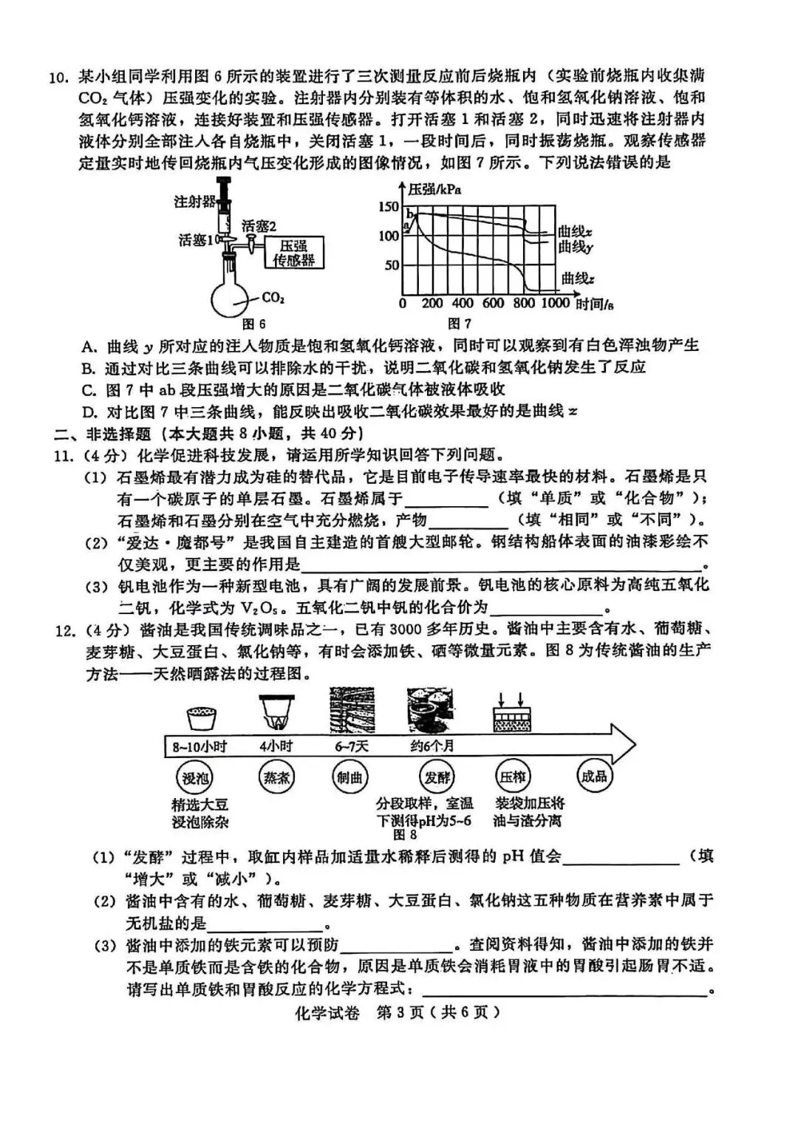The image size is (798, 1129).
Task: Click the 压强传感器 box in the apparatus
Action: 293,253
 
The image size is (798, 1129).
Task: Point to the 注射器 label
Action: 194,202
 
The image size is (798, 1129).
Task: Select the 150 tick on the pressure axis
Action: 389,207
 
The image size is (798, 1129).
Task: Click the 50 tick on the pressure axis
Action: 392,265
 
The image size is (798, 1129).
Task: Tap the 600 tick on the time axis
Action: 492,303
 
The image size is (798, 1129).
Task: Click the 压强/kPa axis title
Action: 435,189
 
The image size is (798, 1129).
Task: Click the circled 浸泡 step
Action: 196,777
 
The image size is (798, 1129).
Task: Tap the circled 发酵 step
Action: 437,777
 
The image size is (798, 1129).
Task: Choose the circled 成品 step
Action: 594,776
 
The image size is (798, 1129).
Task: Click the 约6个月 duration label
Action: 432,746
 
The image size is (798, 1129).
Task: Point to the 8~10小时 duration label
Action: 199,746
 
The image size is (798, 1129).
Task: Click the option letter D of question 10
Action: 89,412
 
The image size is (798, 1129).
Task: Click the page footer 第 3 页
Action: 400,1013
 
